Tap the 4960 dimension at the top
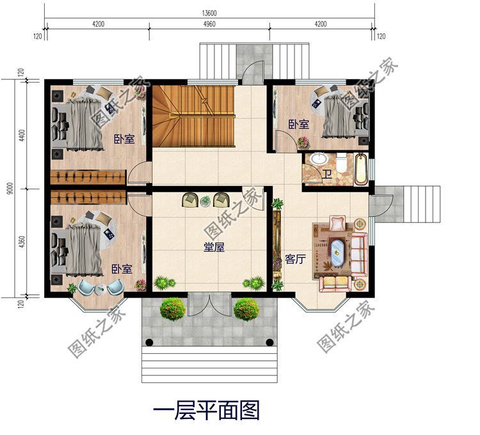[x=209, y=24]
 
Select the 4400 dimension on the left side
[x=22, y=135]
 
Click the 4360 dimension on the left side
[x=22, y=242]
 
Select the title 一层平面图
[x=205, y=410]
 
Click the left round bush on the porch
[x=173, y=310]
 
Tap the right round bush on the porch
[x=246, y=310]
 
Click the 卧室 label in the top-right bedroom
[x=298, y=124]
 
